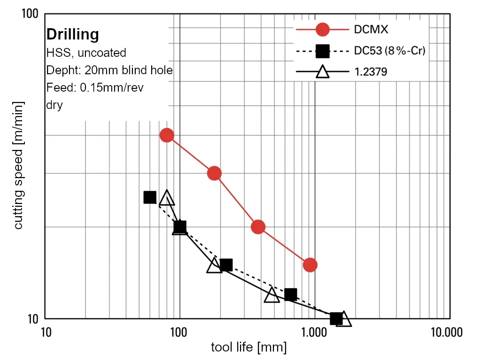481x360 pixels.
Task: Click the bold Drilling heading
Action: tap(72, 35)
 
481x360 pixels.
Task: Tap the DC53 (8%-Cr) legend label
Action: tap(389, 51)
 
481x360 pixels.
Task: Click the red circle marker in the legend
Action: tap(322, 30)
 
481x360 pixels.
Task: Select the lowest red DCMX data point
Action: tap(310, 265)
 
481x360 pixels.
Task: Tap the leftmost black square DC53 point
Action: tap(150, 197)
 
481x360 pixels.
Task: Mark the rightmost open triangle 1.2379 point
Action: tap(344, 319)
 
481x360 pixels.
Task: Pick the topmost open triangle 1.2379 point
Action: tap(167, 198)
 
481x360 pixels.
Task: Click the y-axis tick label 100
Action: tap(30, 14)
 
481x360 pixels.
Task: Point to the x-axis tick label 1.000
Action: tap(314, 332)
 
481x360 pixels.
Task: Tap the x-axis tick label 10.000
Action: tap(446, 332)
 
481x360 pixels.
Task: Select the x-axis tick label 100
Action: tap(178, 332)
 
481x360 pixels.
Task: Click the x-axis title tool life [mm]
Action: tap(248, 348)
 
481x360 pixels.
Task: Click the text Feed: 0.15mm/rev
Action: tap(95, 87)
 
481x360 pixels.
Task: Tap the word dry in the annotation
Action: tap(54, 105)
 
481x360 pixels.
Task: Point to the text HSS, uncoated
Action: tap(86, 53)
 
